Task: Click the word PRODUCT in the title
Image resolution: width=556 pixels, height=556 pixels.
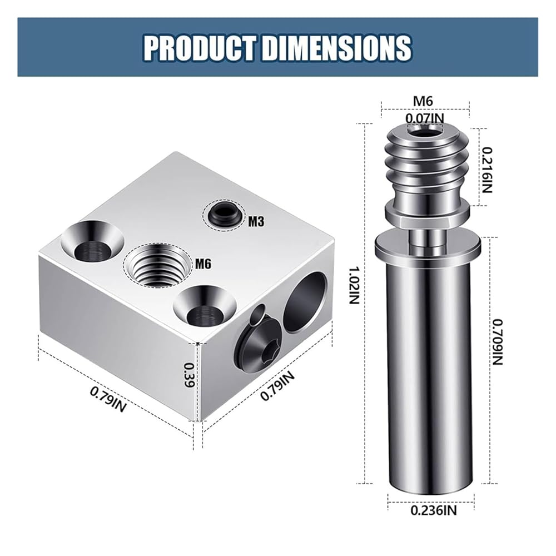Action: point(199,47)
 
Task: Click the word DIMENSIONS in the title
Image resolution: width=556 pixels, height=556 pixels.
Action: point(336,47)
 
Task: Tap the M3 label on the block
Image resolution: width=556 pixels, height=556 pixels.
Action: point(256,222)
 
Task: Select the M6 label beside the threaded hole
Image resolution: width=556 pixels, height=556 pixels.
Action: point(203,264)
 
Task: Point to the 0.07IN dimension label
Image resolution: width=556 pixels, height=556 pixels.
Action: point(425,118)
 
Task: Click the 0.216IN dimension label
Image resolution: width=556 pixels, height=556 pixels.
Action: point(488,170)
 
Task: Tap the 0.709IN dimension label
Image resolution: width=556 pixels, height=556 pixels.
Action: point(498,342)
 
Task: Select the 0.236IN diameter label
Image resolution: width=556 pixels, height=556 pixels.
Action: point(434,510)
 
